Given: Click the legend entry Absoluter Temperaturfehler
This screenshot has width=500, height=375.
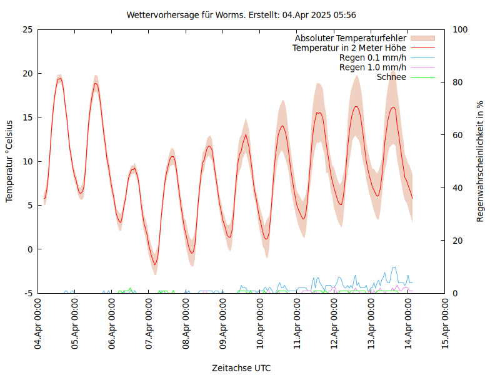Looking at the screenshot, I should click(x=351, y=38).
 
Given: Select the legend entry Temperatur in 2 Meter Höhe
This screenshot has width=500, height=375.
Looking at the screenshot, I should click(x=349, y=47).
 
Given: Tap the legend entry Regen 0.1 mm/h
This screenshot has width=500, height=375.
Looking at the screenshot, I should click(x=372, y=57).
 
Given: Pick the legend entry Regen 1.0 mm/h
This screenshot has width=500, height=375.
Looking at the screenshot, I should click(x=372, y=67).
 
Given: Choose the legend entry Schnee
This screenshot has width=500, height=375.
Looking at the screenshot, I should click(x=391, y=77).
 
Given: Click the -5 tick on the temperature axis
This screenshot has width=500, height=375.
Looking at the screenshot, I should click(x=27, y=293).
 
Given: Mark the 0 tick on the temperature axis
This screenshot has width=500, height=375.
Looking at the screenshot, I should click(x=29, y=249).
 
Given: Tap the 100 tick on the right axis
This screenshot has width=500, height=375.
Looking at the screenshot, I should click(x=461, y=29).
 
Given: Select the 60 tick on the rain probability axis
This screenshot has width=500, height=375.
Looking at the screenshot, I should click(x=458, y=135).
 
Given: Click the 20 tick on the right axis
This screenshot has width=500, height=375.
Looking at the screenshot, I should click(x=458, y=241).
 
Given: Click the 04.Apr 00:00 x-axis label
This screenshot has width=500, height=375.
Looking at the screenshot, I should click(x=38, y=324).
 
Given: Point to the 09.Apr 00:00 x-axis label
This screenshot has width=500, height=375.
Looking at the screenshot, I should click(x=223, y=324).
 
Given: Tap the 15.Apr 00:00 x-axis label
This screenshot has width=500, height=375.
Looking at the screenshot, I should click(x=445, y=324).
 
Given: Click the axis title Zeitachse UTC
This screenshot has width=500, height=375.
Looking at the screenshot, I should click(x=241, y=367).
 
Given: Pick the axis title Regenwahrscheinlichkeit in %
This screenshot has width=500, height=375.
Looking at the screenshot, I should click(x=481, y=161).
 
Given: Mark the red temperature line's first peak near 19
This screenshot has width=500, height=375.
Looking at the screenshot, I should click(x=59, y=79).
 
